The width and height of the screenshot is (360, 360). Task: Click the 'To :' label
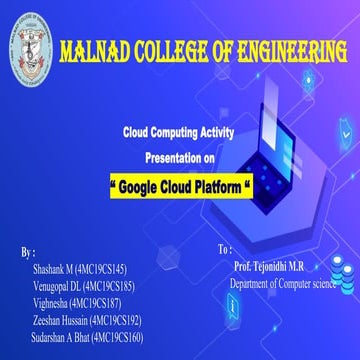224,247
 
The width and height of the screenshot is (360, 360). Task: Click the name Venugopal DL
58,286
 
